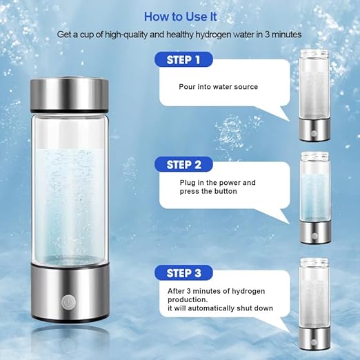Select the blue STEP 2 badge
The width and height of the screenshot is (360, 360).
[x=183, y=165]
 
